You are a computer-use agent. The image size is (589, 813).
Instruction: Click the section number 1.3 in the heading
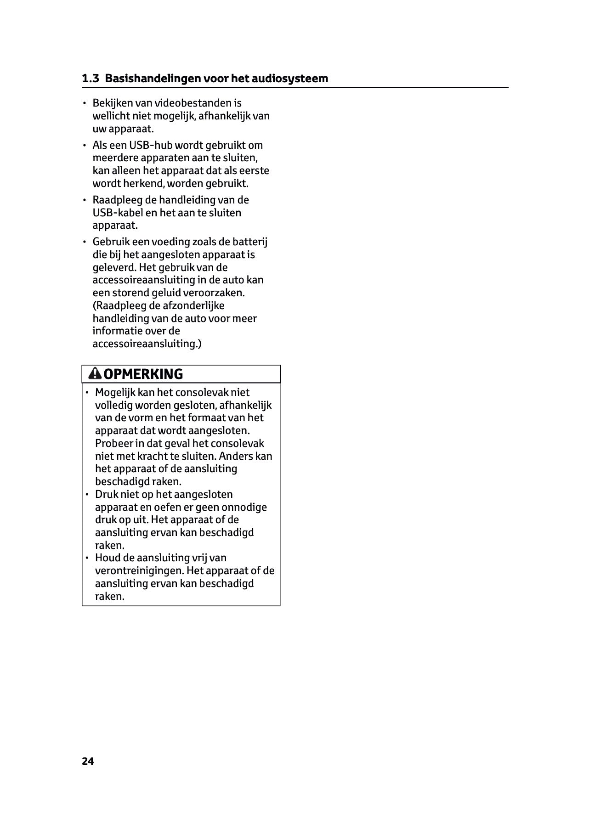(90, 79)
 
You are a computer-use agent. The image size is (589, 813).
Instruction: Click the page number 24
(88, 761)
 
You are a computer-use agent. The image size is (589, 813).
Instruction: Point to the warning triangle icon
(95, 374)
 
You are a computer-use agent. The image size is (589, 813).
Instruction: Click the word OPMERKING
(143, 374)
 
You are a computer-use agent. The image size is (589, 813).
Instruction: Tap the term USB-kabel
(118, 213)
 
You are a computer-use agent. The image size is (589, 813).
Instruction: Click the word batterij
(249, 242)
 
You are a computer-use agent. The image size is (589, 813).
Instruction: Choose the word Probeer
(113, 444)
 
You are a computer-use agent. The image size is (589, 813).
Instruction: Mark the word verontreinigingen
(139, 571)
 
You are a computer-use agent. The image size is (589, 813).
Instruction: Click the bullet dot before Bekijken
(85, 103)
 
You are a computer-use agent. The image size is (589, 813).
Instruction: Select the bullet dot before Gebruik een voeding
(85, 242)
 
